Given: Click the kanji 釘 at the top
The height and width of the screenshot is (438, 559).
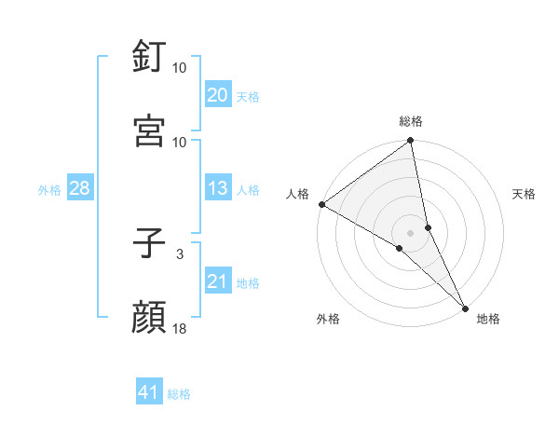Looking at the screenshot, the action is (x=149, y=57).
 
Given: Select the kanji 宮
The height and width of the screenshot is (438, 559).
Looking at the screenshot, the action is (x=149, y=131).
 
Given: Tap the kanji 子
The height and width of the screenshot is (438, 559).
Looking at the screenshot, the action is (x=149, y=244).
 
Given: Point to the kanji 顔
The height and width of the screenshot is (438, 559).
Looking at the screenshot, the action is (x=149, y=319).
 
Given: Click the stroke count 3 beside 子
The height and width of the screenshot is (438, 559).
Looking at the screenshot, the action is (x=180, y=253).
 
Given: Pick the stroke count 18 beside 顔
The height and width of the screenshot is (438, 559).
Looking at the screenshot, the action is (x=180, y=328).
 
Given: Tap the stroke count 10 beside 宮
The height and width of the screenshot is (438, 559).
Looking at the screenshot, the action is (x=180, y=142).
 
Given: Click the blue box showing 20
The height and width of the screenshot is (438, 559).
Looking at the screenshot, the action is (x=217, y=95).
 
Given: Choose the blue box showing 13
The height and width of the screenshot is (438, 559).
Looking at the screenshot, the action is (x=217, y=189).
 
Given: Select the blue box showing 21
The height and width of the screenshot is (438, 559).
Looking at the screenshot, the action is (x=217, y=282).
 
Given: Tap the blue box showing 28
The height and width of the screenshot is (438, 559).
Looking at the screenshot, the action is (x=79, y=189).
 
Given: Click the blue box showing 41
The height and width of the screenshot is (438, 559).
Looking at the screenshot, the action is (x=149, y=393).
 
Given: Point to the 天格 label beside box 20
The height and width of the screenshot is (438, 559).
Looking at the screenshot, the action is (x=248, y=96).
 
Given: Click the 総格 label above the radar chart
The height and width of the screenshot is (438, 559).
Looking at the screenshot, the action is (x=411, y=121).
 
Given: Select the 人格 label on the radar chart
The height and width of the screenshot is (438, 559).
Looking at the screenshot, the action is (x=297, y=194).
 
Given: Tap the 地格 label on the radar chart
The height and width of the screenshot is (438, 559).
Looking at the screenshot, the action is (x=488, y=319).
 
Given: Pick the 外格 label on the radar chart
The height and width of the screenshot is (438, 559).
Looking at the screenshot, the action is (x=328, y=319).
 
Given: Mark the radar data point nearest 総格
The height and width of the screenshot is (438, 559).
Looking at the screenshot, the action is (x=411, y=142).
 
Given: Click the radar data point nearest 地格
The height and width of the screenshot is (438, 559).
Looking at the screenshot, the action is (x=465, y=308).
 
